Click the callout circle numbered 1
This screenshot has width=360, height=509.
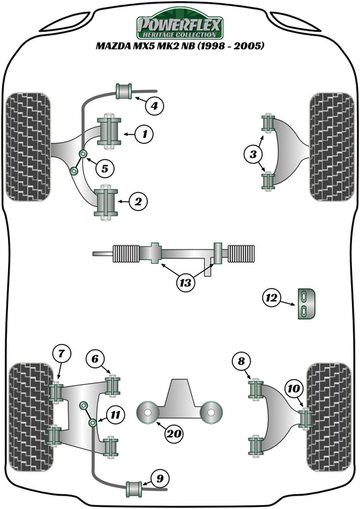tap(143, 135)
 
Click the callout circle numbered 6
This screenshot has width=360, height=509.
tap(95, 358)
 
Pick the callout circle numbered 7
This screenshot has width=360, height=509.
tap(61, 352)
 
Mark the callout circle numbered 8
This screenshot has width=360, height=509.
tap(240, 362)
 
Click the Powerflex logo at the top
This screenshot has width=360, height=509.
tap(179, 26)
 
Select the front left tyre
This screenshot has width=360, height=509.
tap(28, 146)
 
